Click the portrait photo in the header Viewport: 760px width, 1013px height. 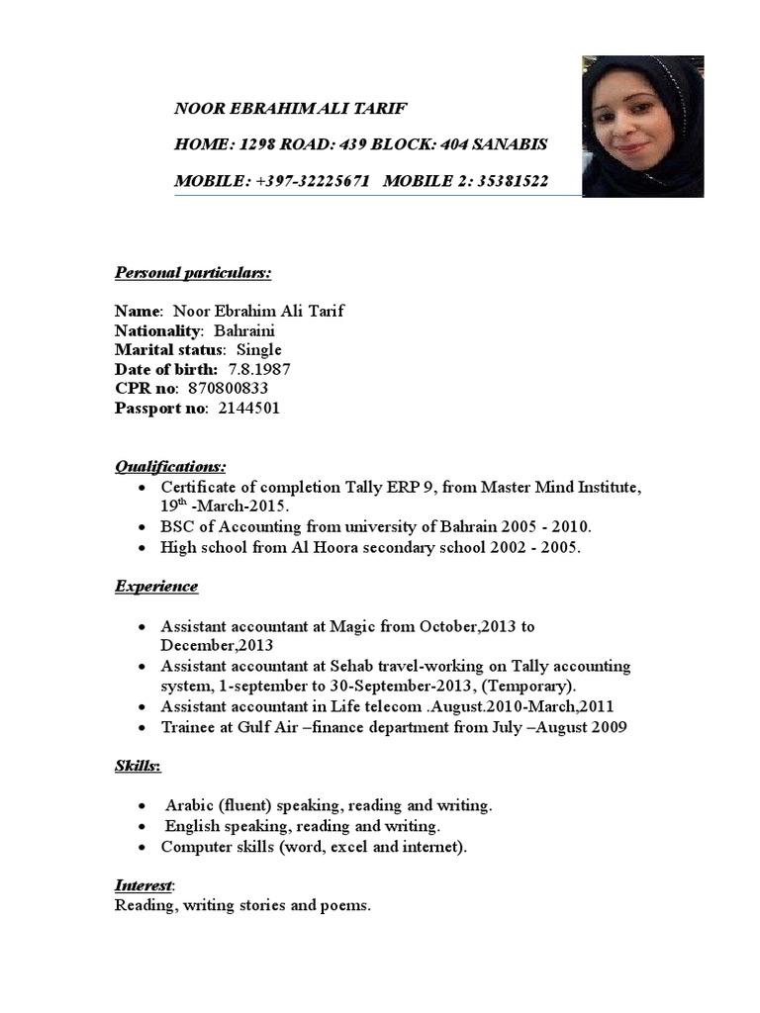click(x=642, y=127)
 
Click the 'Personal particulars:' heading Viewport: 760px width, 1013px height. click(x=193, y=272)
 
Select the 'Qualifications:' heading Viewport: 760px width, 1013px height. click(x=170, y=466)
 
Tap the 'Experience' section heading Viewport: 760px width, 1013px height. click(x=156, y=587)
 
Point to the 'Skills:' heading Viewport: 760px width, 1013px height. click(x=139, y=767)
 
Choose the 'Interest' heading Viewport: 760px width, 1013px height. click(x=144, y=885)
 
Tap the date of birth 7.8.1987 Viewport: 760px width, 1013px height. click(x=259, y=369)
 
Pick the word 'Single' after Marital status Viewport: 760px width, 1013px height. click(x=258, y=350)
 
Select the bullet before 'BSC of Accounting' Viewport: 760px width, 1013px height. click(x=143, y=527)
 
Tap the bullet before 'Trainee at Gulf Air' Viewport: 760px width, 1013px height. click(x=143, y=728)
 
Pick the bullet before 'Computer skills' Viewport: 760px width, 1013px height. click(x=143, y=848)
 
